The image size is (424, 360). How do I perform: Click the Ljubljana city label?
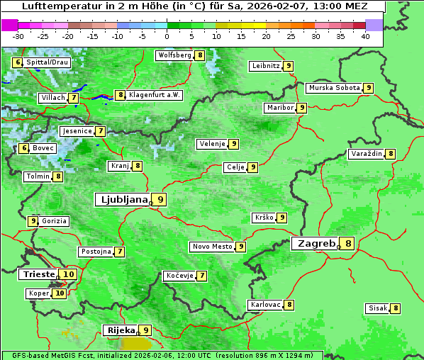click(x=122, y=200)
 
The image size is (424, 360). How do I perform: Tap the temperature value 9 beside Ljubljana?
click(x=161, y=200)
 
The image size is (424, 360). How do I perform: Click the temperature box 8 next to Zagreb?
click(x=348, y=244)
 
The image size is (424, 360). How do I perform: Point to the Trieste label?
click(x=38, y=274)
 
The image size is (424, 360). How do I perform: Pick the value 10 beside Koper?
click(x=60, y=293)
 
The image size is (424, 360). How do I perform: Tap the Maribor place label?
click(x=279, y=108)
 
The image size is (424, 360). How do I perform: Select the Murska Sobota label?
click(x=334, y=88)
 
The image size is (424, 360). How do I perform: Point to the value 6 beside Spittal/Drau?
click(x=18, y=62)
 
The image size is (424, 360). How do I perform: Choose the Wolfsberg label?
click(x=174, y=55)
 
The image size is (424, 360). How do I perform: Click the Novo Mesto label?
click(x=212, y=247)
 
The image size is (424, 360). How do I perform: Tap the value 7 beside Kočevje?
click(x=202, y=276)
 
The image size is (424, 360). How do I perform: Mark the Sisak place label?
click(x=377, y=308)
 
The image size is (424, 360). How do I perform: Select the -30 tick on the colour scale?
click(x=18, y=36)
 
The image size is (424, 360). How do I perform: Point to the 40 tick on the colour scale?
click(x=364, y=36)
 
